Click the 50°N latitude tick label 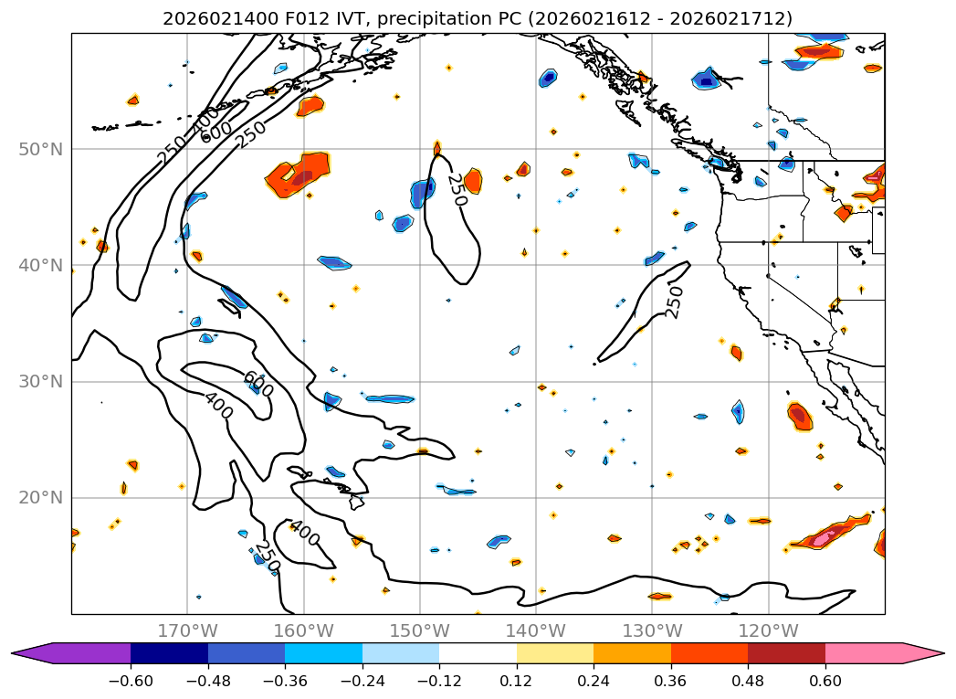pyautogui.click(x=40, y=149)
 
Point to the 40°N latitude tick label pyautogui.click(x=40, y=265)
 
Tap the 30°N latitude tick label pyautogui.click(x=40, y=381)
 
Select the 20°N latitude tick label pyautogui.click(x=40, y=497)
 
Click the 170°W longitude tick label pyautogui.click(x=187, y=630)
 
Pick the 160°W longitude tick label pyautogui.click(x=303, y=630)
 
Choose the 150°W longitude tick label pyautogui.click(x=420, y=630)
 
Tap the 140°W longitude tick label pyautogui.click(x=536, y=630)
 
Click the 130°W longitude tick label pyautogui.click(x=652, y=630)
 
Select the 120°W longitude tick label pyautogui.click(x=768, y=630)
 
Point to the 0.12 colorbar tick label pyautogui.click(x=517, y=681)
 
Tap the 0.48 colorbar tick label pyautogui.click(x=748, y=681)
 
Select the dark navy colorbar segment pyautogui.click(x=169, y=653)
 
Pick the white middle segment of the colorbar pyautogui.click(x=478, y=653)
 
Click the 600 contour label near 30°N pyautogui.click(x=258, y=384)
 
